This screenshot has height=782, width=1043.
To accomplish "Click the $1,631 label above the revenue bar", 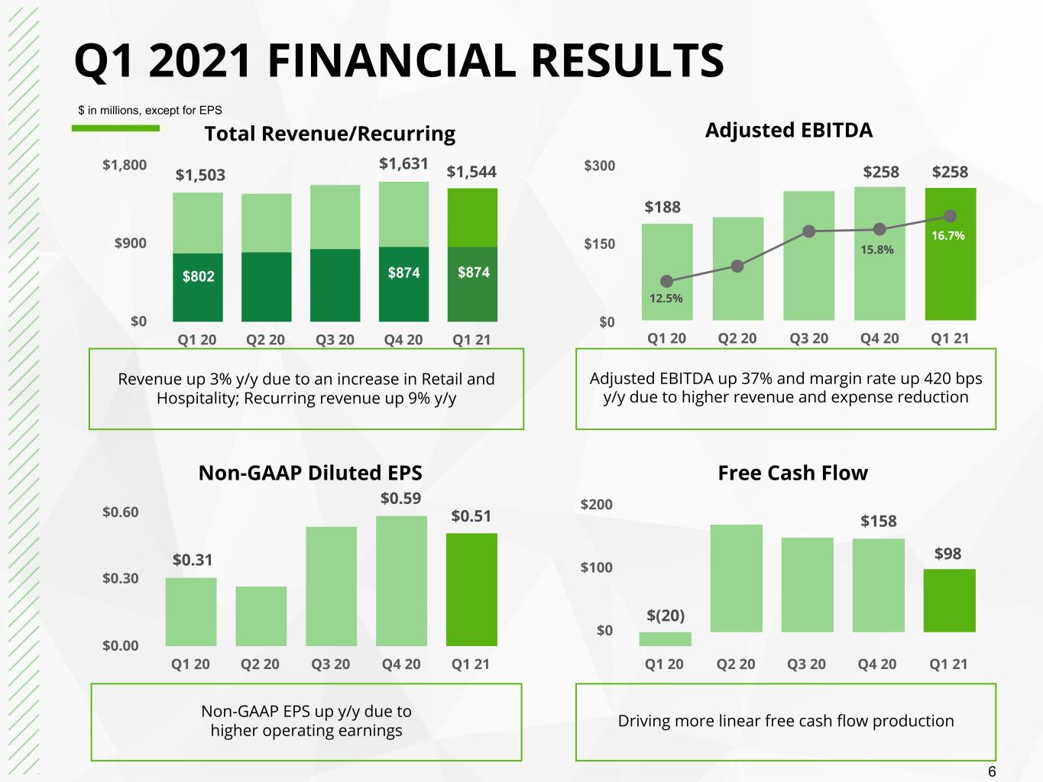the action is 403,163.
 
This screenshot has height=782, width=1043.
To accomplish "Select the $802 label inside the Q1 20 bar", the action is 198,276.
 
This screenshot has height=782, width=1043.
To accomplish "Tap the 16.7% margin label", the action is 948,235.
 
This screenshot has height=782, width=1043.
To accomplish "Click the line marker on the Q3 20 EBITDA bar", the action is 808,231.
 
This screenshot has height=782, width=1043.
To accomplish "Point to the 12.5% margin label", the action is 666,298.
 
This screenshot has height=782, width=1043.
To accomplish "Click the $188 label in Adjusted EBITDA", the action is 662,207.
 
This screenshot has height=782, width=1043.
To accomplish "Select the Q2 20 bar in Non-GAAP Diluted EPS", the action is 261,616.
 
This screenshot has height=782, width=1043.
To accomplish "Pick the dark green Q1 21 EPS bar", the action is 471,590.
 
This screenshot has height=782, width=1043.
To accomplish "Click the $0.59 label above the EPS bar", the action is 400,498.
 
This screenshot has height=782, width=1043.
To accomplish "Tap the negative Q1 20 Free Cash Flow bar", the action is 666,638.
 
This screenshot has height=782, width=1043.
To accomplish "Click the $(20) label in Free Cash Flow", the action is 666,616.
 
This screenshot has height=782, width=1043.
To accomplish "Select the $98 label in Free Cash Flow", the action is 947,553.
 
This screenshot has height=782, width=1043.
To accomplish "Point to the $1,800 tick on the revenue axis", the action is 125,165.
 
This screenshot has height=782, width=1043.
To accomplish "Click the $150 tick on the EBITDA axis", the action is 599,244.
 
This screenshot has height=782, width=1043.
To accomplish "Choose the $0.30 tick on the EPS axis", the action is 120,578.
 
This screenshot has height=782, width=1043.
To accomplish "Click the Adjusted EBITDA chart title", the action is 789,130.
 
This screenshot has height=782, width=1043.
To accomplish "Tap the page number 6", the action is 991,771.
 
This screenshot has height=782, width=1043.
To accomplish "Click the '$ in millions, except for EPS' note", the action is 151,110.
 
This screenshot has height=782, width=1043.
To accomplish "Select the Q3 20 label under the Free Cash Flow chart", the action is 806,664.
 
